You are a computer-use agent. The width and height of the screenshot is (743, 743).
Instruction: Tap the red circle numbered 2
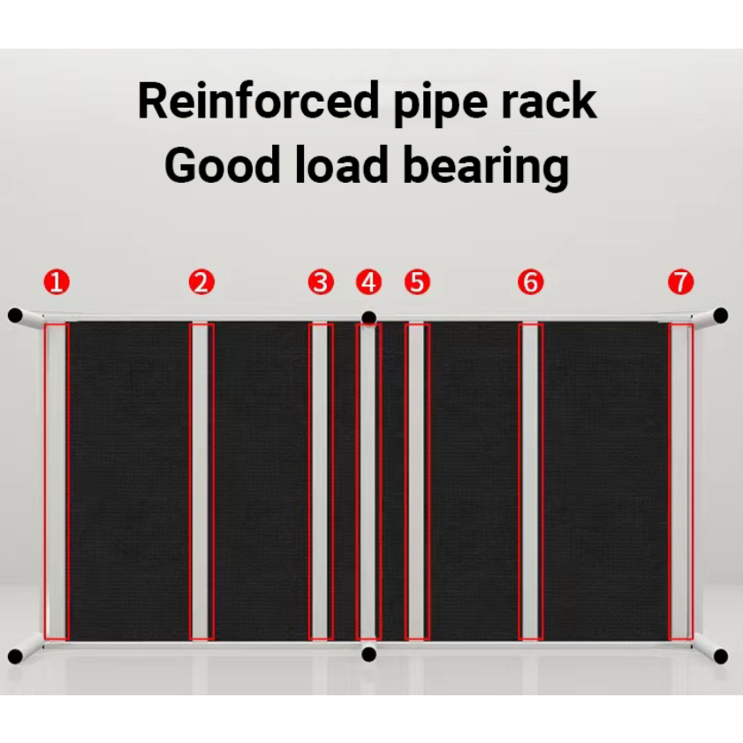tap(201, 283)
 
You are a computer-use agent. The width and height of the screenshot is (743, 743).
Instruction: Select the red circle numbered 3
tap(321, 283)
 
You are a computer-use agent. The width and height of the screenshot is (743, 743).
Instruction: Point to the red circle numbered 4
tap(369, 283)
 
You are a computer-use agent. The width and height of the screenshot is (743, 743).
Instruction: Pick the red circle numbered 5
tap(417, 283)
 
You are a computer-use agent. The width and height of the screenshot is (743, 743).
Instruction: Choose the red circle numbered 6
tap(530, 283)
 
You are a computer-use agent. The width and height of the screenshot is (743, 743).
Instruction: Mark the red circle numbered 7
tap(680, 283)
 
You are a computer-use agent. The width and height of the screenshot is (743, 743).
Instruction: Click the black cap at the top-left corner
tap(15, 315)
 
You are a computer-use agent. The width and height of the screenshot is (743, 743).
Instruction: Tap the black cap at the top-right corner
tap(721, 315)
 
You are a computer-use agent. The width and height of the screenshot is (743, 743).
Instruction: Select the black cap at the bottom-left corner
tap(15, 656)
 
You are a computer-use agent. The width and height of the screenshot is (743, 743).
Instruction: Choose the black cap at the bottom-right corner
tap(721, 656)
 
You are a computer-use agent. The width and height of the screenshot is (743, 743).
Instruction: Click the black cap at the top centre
tap(369, 317)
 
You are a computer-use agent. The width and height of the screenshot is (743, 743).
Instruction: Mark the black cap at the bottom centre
tap(369, 654)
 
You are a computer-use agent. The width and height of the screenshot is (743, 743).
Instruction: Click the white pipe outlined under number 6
tap(530, 481)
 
